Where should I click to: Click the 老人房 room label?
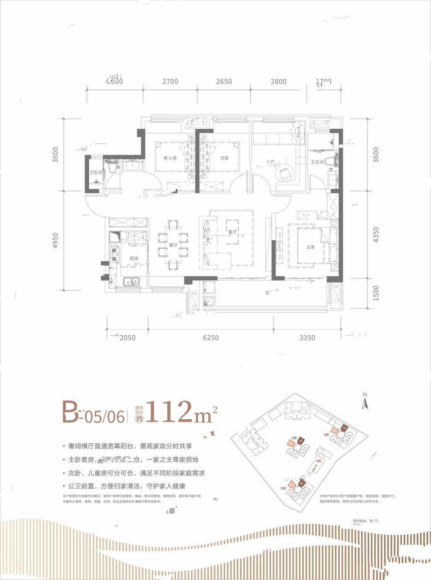coord(170,158)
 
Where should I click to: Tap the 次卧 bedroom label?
coord(224,158)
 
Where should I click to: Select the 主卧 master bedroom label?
coord(311,247)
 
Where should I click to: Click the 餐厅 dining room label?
coord(173,245)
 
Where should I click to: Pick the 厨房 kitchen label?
coord(133,259)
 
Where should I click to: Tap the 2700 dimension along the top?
coord(170,82)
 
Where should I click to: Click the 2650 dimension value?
coord(224,82)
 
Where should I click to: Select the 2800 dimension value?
coord(278,82)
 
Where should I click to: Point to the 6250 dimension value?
coord(211,338)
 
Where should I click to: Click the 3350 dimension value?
coord(307,338)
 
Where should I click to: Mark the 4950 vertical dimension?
coord(56,241)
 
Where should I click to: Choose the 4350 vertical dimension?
coord(376,234)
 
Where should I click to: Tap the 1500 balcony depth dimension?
coord(376,293)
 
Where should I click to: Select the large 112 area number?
coord(170,412)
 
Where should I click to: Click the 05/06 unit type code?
coord(104,416)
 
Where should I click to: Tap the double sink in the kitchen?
coord(132,282)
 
